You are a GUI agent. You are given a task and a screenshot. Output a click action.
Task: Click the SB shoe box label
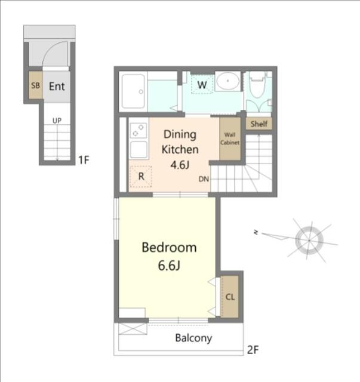pos(35,85)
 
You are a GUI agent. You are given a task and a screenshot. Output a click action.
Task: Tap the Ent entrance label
pos(57,86)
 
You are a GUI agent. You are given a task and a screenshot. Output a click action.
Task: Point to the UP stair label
pos(57,121)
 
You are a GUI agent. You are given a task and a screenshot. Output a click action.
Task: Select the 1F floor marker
pos(84,160)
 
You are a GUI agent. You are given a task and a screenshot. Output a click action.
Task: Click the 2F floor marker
pos(253,350)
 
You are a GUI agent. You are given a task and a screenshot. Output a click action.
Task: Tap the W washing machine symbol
pos(202,85)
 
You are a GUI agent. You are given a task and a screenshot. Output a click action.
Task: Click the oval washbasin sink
pos(227,81)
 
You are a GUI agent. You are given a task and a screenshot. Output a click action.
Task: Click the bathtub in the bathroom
pos(133,91)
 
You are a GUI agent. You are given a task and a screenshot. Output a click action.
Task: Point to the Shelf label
pos(259,124)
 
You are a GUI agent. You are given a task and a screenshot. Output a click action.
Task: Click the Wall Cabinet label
pos(230,138)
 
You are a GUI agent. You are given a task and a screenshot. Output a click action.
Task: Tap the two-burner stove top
pos(139,130)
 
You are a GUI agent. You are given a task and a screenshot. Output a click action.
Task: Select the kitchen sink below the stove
pos(139,150)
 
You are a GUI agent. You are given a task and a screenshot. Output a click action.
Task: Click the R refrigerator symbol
pos(141,177)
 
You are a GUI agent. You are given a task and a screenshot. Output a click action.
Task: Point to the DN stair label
pos(204,179)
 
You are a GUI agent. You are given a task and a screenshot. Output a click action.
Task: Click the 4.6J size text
pos(180,165)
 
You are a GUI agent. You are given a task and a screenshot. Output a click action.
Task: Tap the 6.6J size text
pos(169,266)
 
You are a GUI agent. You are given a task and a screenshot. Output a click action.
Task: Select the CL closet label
pos(230,297)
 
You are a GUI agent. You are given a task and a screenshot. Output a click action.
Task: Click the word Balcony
pos(193,338)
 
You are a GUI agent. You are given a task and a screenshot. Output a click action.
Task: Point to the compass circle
pos(309,240)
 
